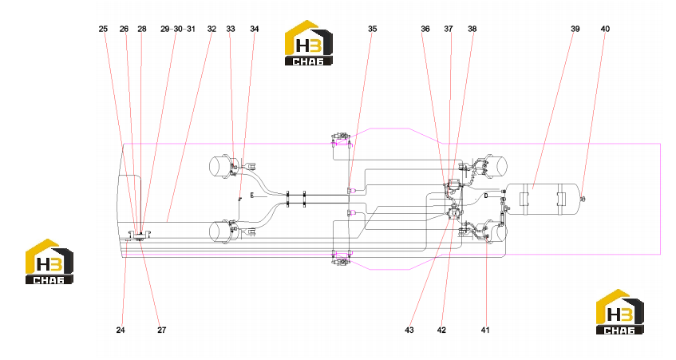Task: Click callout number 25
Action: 103,29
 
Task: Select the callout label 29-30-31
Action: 178,29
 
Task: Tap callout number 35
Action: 373,29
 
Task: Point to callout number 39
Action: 575,29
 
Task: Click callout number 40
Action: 605,29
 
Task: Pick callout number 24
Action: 121,330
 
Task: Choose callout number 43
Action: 409,330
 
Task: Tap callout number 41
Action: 485,330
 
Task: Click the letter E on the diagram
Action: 252,196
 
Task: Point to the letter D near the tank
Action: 486,196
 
